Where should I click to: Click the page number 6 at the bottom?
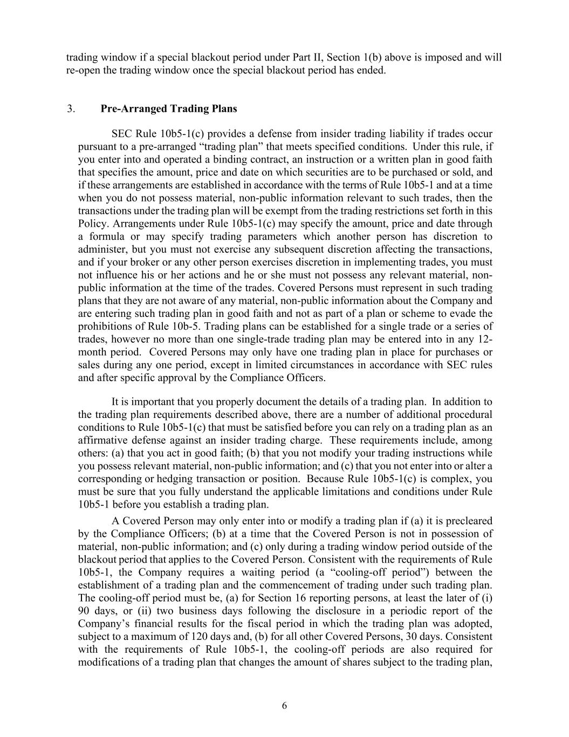coord(284,706)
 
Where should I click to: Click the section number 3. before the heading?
coord(71,109)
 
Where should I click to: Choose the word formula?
coord(108,236)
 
